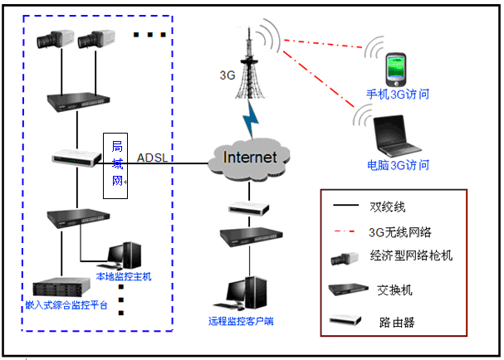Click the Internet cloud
[x=252, y=157]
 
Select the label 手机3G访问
[x=398, y=95]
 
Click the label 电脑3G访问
[x=398, y=164]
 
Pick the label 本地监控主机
[x=124, y=276]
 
